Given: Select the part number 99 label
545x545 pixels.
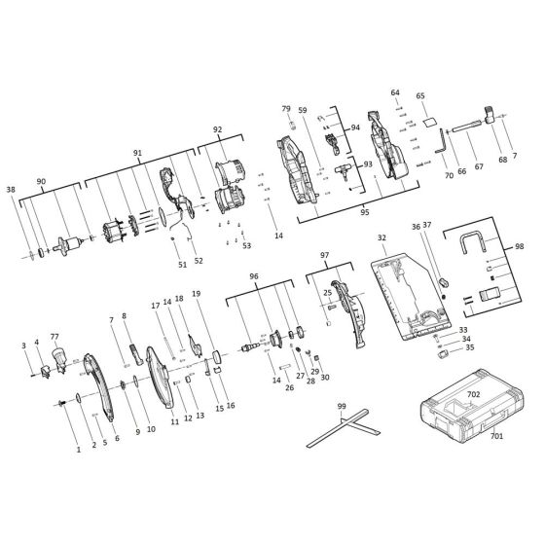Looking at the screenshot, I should (x=342, y=406).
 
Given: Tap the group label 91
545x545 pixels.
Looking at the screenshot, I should (x=137, y=153).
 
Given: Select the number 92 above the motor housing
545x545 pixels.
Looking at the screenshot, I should (x=218, y=129).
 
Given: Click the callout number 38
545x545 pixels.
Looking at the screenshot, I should (x=11, y=189).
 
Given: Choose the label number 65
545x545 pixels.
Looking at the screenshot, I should (x=420, y=96).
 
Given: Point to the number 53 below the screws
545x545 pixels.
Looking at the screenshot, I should (x=247, y=246).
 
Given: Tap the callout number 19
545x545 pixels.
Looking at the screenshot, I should (x=196, y=293).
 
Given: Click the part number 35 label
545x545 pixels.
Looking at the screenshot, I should (x=470, y=346).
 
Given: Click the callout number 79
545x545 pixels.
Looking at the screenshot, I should (x=287, y=109).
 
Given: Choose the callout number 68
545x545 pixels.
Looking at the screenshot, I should (x=503, y=161).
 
